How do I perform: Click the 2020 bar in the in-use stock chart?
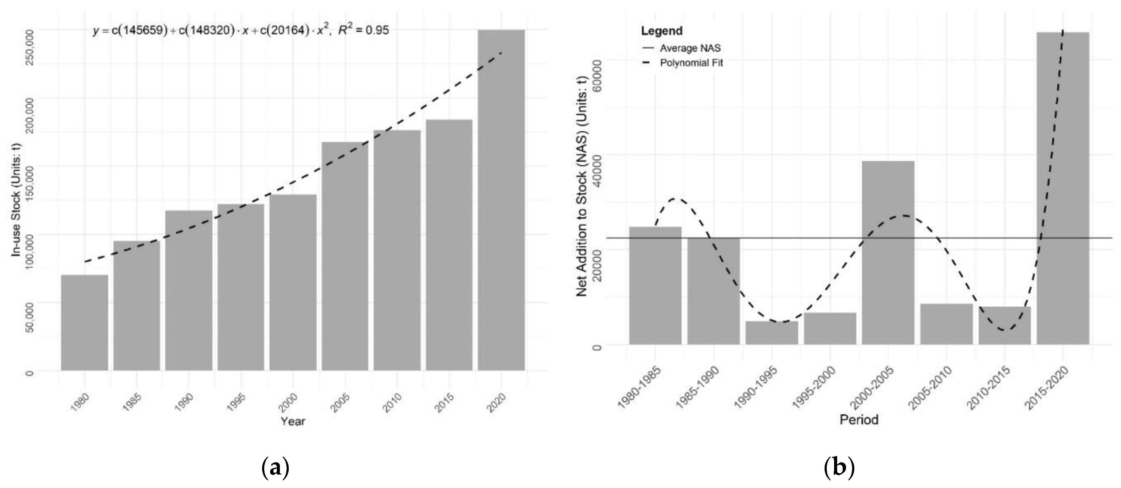501,200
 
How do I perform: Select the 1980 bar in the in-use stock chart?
85,322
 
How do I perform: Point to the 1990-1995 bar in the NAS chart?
772,333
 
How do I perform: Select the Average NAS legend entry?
690,48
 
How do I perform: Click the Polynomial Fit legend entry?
691,63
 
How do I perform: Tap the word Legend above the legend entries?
661,31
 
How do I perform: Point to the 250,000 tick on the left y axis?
30,47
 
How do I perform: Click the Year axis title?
292,421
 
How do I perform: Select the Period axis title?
859,420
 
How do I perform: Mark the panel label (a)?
275,468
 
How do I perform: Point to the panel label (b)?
839,468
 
